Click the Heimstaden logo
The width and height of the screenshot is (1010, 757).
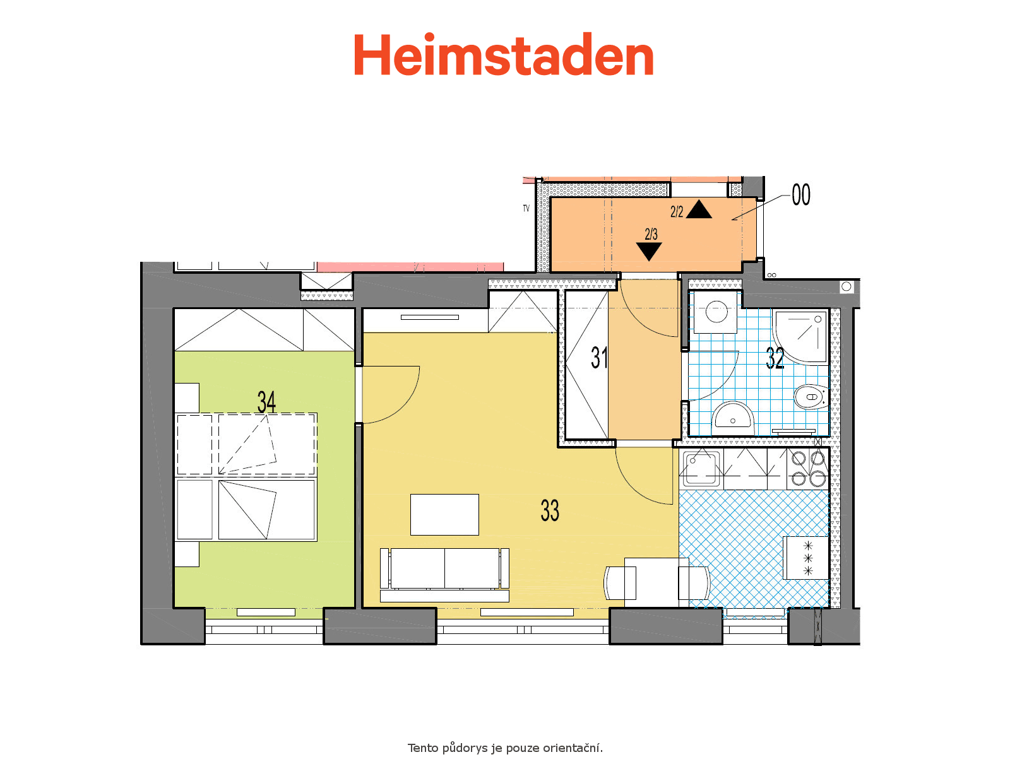(503, 54)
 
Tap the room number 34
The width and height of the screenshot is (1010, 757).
(266, 402)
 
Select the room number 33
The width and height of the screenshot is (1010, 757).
(550, 510)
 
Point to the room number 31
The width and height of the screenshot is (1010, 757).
(599, 358)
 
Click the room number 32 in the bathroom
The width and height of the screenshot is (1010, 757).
(775, 358)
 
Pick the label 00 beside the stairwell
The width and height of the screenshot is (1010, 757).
(801, 195)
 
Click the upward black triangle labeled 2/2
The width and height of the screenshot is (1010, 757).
(699, 209)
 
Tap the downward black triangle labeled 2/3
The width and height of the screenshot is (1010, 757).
(649, 252)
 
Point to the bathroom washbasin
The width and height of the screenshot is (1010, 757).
(732, 418)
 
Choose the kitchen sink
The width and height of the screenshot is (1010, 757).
(701, 468)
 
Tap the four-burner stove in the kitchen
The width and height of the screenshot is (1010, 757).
(808, 468)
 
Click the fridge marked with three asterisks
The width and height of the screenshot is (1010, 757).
(806, 558)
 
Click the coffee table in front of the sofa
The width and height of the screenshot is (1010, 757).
(444, 515)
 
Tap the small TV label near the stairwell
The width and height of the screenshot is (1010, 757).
(526, 208)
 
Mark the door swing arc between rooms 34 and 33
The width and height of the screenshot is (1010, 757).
(405, 406)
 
